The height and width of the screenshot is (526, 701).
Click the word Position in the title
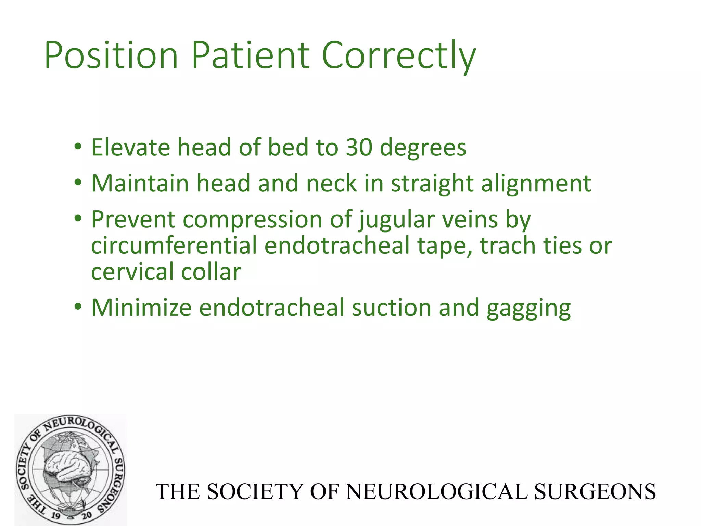click(111, 55)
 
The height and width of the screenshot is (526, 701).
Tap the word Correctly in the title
click(399, 55)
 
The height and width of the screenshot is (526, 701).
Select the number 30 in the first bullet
click(359, 148)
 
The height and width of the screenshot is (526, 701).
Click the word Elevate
click(130, 148)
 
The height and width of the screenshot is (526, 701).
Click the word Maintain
click(140, 183)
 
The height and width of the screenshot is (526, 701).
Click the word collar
click(211, 272)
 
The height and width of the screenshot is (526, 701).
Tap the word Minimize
click(141, 308)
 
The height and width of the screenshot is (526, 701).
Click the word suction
click(391, 308)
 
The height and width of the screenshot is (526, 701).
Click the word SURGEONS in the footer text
click(595, 492)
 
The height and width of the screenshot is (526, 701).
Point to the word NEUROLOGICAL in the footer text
click(436, 492)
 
